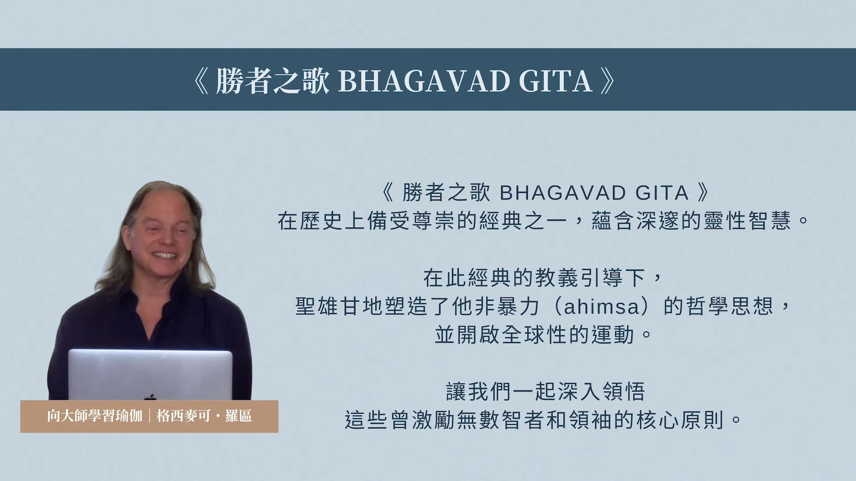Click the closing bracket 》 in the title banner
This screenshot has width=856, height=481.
(x=608, y=81)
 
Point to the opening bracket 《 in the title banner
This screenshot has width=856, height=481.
(x=201, y=81)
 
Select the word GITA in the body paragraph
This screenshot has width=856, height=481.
(x=662, y=193)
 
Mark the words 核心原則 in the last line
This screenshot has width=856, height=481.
(x=680, y=420)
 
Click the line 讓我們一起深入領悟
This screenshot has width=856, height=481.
(x=545, y=392)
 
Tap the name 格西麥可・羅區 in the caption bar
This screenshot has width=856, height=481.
(x=204, y=416)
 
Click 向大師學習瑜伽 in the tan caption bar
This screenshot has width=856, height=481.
(x=95, y=416)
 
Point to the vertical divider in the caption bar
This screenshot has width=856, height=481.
(x=149, y=416)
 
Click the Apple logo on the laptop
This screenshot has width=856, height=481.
(x=150, y=397)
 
